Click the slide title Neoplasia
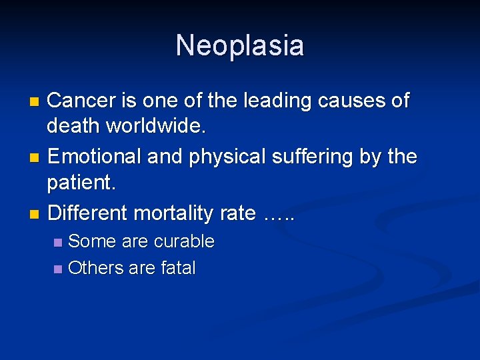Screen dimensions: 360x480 point(240,45)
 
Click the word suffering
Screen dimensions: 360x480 point(313,157)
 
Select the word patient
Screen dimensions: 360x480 point(83,181)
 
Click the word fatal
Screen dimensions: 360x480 point(178,268)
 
